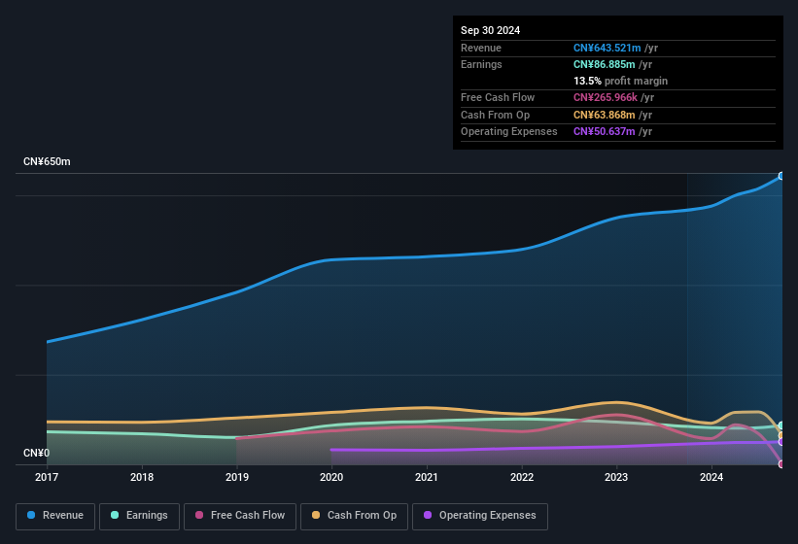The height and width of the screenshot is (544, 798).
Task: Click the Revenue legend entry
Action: (x=55, y=516)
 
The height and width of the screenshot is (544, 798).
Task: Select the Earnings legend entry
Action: (x=139, y=516)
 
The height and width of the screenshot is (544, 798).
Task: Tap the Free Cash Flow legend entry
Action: (x=240, y=516)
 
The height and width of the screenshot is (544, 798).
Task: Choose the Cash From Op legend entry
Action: (x=354, y=516)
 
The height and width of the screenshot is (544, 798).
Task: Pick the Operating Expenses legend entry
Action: (x=479, y=516)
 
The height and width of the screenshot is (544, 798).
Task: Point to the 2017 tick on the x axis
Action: (x=48, y=477)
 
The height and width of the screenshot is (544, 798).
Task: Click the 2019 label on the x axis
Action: (x=237, y=477)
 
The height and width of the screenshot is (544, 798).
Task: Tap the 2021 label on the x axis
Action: (x=427, y=477)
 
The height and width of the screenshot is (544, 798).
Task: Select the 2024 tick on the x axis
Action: (x=711, y=477)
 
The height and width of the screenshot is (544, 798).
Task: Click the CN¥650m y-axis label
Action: (x=48, y=161)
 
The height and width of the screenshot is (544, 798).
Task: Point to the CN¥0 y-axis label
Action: (x=36, y=454)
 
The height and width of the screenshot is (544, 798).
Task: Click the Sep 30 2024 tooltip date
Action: (x=491, y=30)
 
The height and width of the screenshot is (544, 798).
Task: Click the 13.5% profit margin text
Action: (x=620, y=81)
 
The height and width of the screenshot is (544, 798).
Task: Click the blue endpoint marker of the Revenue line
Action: (x=781, y=176)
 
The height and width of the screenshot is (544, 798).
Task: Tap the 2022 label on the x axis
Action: (x=522, y=477)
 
